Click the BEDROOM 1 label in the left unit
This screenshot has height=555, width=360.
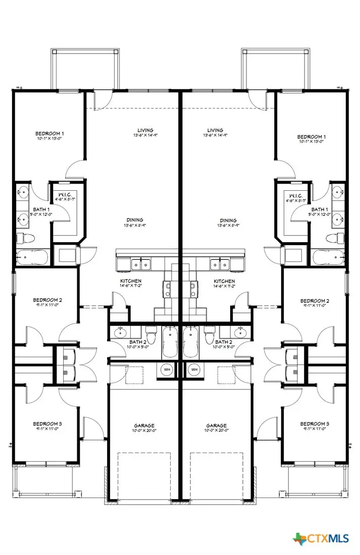pos(49,134)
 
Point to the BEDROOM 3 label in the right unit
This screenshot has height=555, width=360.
pos(314,423)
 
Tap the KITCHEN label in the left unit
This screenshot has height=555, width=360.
pos(130,281)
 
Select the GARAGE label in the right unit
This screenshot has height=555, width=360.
pos(216,425)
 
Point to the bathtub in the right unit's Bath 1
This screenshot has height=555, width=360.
pos(328,258)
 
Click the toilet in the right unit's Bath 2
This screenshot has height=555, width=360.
pos(209,336)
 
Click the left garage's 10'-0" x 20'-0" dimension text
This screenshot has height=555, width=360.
pos(144,430)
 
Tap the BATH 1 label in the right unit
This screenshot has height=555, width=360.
pos(319,209)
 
